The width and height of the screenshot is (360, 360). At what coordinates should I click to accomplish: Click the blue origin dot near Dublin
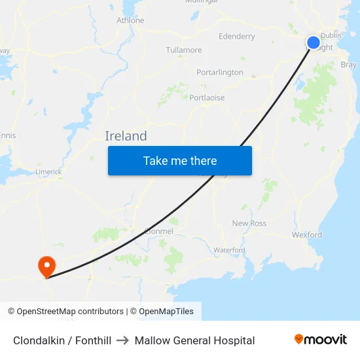(314, 43)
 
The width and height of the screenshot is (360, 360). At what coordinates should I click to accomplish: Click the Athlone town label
(130, 20)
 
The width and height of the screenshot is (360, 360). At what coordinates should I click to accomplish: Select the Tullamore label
(184, 50)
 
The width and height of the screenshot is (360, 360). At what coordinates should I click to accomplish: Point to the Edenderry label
(237, 37)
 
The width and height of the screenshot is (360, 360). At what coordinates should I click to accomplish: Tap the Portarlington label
(220, 72)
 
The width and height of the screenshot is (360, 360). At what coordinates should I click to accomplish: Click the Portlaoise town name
(207, 98)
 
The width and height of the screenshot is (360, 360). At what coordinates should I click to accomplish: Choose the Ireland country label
(126, 136)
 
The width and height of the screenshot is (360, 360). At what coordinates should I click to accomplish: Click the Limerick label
(48, 171)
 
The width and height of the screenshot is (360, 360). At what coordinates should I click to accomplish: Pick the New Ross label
(249, 223)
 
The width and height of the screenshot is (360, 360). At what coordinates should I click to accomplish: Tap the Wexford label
(307, 234)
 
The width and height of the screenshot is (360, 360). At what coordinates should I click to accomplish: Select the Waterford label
(229, 250)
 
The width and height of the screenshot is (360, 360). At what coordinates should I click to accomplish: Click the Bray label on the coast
(348, 65)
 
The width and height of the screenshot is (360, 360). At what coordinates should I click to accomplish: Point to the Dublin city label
(331, 35)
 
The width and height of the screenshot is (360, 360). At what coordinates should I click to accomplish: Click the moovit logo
(321, 339)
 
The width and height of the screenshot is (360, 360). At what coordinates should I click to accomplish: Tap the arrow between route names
(123, 340)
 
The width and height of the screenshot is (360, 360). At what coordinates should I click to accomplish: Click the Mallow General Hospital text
(194, 340)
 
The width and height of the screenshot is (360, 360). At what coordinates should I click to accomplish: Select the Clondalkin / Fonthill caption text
(62, 340)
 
